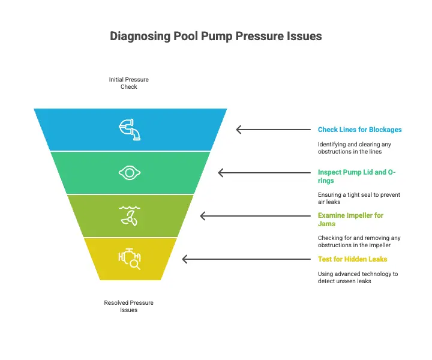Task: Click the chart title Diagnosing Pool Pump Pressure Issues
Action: [x=216, y=37]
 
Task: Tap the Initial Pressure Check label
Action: [x=128, y=83]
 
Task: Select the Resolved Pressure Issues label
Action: [x=128, y=306]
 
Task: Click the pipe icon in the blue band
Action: [x=130, y=130]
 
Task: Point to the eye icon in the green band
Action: [x=130, y=173]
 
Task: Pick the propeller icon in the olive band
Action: [x=130, y=216]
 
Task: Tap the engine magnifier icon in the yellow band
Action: [x=130, y=259]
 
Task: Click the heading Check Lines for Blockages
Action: [x=359, y=130]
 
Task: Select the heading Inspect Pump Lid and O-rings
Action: [x=356, y=176]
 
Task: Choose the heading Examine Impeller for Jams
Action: [x=350, y=220]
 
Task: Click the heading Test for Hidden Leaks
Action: [x=352, y=259]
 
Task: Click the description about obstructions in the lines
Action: [x=355, y=148]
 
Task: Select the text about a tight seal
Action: [x=359, y=199]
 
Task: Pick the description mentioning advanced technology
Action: [x=358, y=277]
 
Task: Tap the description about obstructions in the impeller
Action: [x=359, y=242]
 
